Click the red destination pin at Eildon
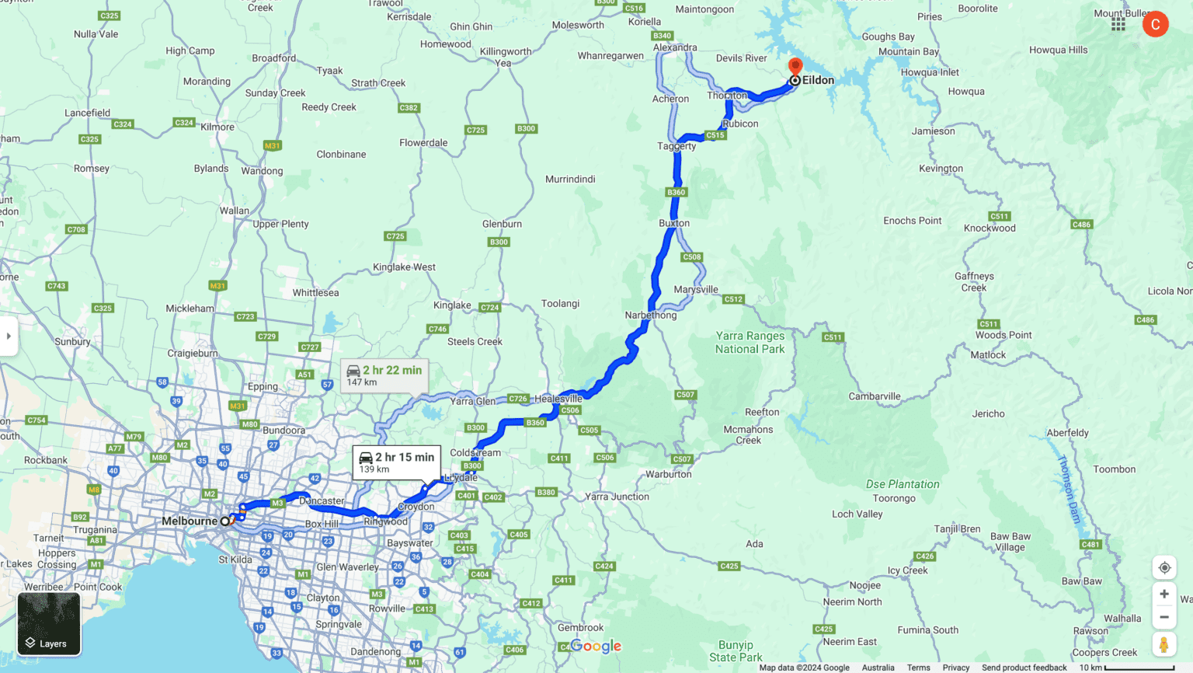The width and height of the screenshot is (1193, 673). (795, 67)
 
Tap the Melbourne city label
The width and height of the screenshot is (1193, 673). (190, 521)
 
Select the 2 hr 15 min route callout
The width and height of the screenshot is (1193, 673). (396, 462)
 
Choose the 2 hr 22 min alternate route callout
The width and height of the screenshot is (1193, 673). (384, 375)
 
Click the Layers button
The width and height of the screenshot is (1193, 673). (49, 625)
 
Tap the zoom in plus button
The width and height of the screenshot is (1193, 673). (1163, 595)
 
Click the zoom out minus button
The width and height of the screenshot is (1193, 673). (1163, 618)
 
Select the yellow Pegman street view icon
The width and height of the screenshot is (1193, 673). (1163, 645)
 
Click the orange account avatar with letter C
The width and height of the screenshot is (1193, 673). (1155, 24)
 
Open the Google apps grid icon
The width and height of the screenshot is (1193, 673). (1118, 24)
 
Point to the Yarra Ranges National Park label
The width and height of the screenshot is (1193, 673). (750, 343)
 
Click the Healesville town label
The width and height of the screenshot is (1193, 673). (558, 399)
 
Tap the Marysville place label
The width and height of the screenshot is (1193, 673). (696, 290)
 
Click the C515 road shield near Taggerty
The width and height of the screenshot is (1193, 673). (715, 135)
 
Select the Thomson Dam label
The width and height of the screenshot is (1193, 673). (1069, 490)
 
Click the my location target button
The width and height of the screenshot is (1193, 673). (1163, 567)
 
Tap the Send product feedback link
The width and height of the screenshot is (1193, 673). (1024, 668)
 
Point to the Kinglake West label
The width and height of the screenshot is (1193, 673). (404, 267)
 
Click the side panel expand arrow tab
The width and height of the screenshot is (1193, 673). (9, 336)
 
